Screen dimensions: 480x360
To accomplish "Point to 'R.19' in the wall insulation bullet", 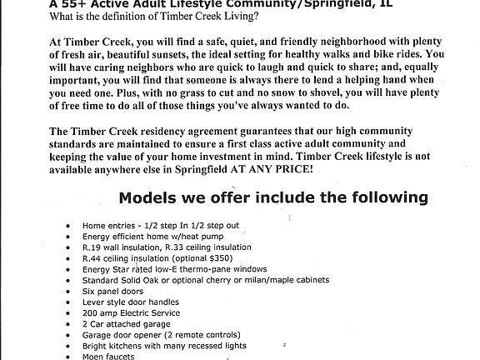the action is point(92,247).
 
